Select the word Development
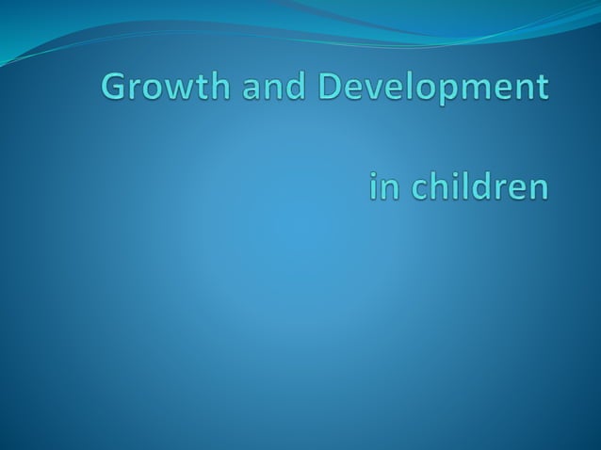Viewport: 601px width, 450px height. coord(432,89)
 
